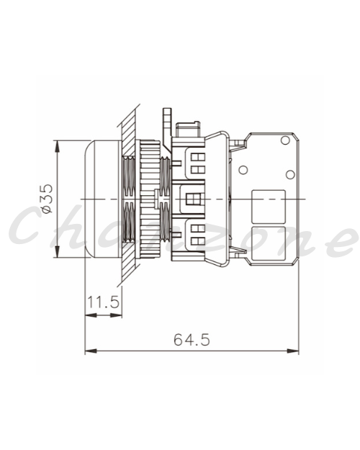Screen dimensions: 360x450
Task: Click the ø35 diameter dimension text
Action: pos(47,198)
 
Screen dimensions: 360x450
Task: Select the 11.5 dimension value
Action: pos(103,302)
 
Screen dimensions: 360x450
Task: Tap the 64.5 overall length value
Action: pos(192,340)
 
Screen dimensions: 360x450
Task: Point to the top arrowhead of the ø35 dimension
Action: pos(58,146)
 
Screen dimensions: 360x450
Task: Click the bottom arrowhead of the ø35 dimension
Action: pos(58,252)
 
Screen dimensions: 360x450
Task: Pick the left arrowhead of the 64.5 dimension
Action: pos(91,351)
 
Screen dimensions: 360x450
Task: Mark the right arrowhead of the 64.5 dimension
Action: pos(293,351)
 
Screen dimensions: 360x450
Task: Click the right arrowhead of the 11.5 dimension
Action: pos(116,315)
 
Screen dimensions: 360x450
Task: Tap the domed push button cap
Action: pos(102,199)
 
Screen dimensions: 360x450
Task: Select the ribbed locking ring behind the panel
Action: pos(149,199)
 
